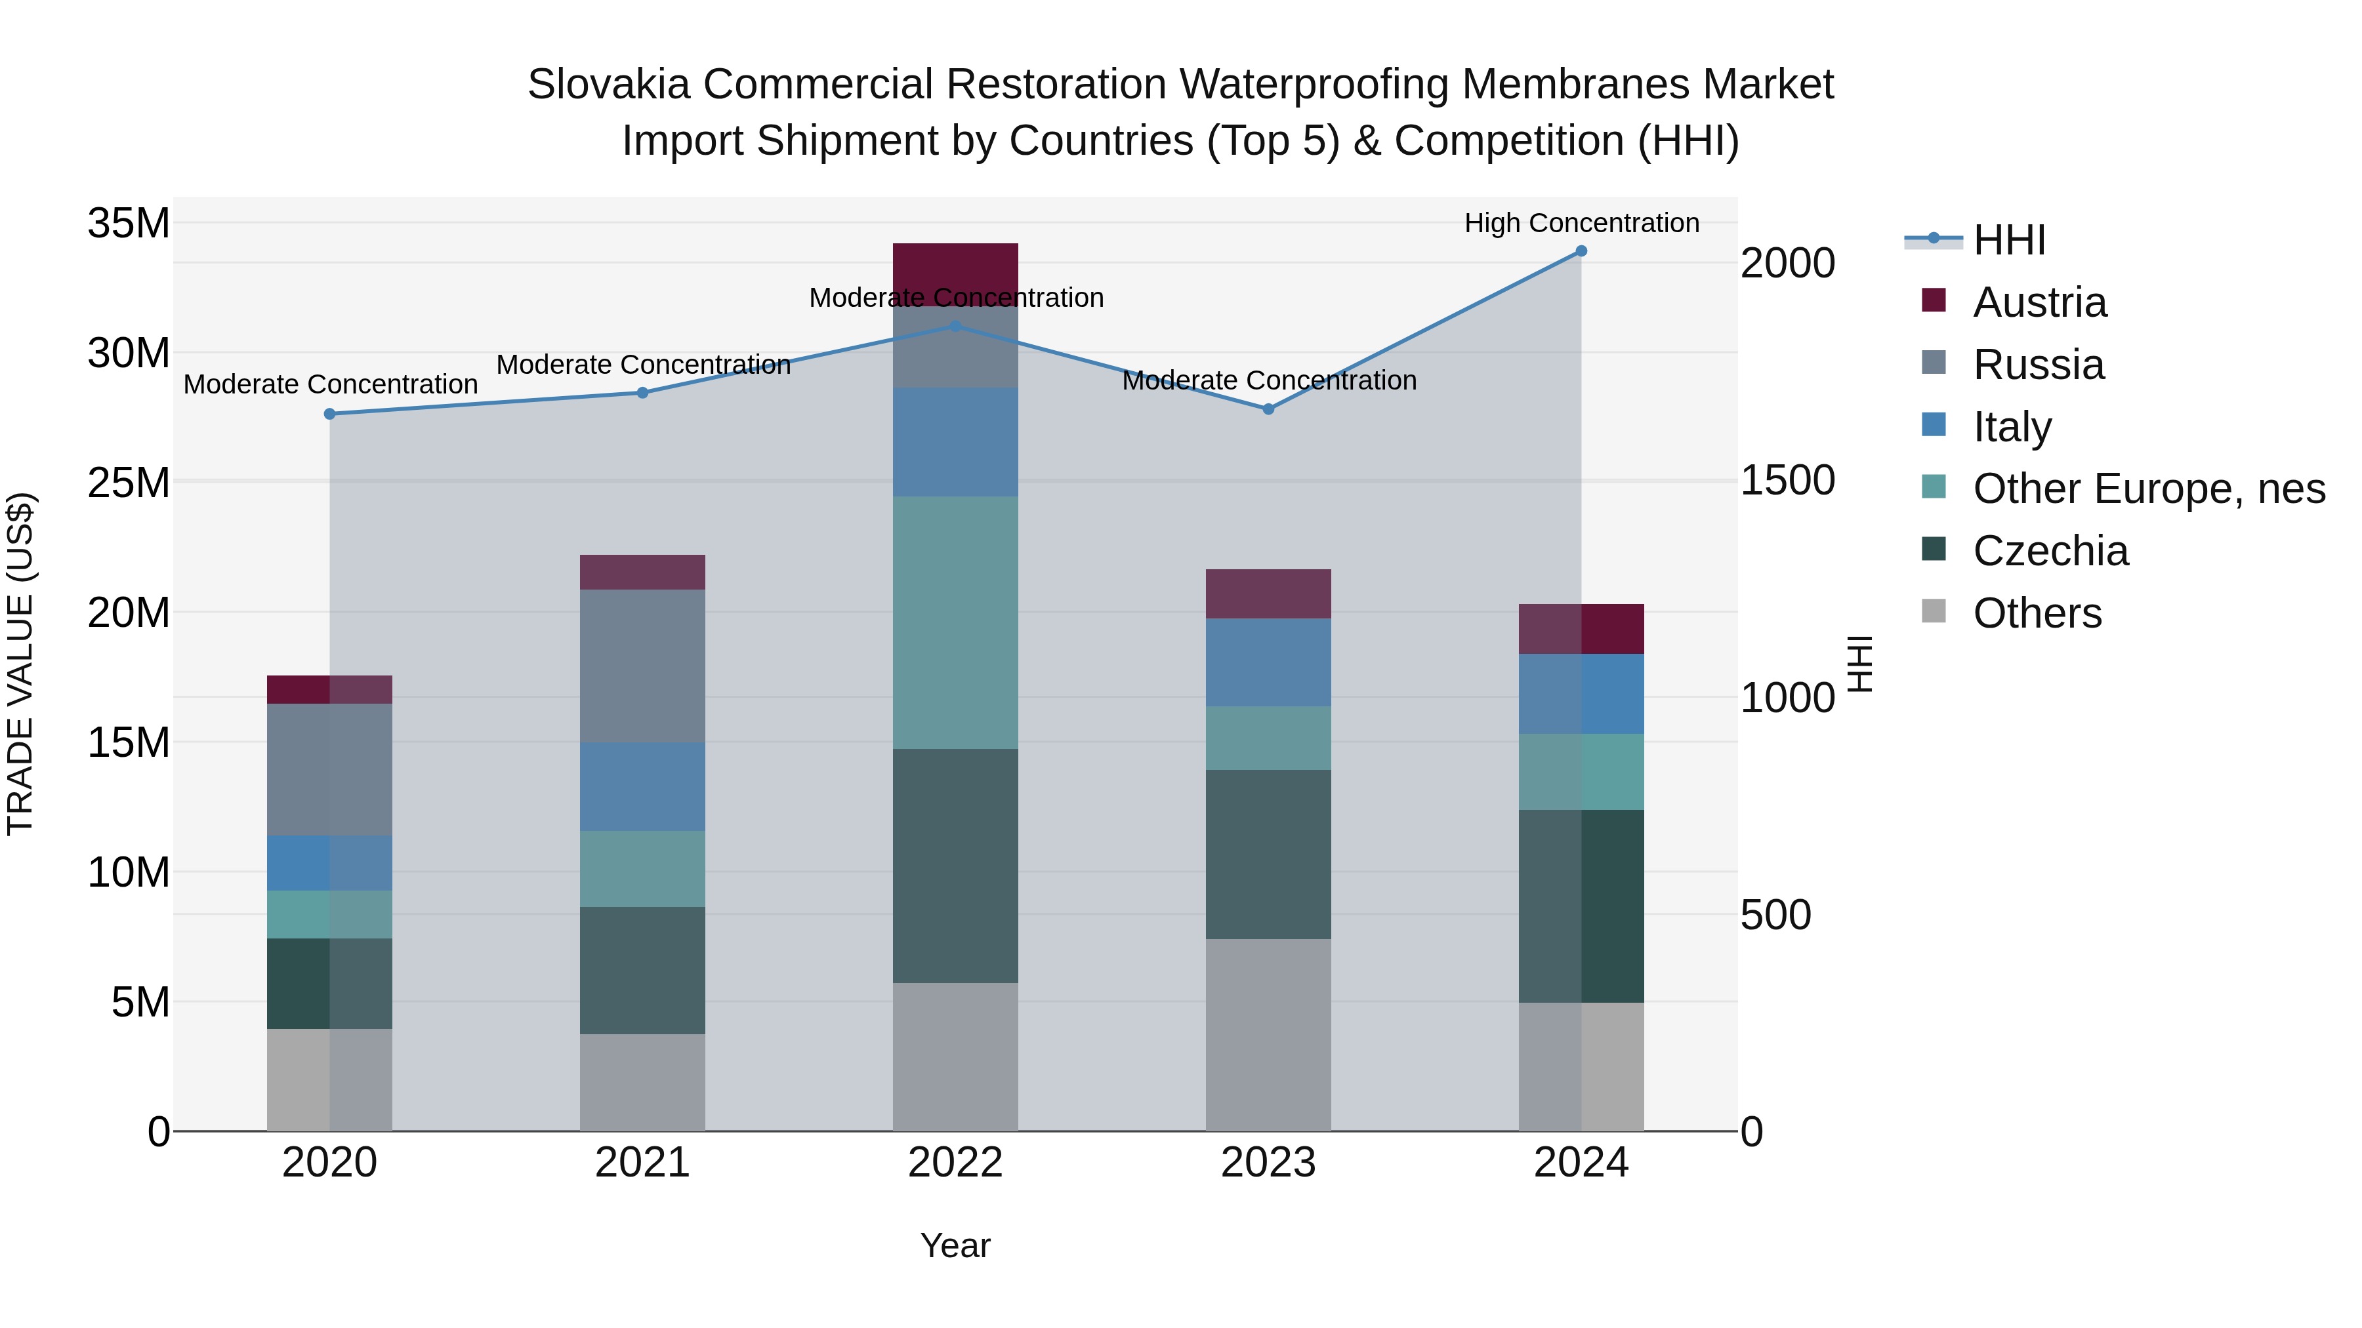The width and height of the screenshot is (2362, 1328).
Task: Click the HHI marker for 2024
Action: pos(1581,251)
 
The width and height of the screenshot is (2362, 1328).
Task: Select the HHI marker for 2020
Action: pos(330,414)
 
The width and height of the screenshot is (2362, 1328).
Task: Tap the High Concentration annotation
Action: pos(1581,223)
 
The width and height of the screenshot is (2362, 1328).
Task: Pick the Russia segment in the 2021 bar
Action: pos(643,666)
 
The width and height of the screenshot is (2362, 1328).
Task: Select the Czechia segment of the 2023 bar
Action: pos(1268,854)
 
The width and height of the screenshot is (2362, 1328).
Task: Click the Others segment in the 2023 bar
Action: pos(1268,1035)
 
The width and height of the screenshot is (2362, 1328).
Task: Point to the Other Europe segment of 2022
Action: pos(955,623)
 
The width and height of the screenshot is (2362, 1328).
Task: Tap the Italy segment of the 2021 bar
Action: pos(643,786)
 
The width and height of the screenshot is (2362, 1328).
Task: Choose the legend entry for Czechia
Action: pos(2050,551)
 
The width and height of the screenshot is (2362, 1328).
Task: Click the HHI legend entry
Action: pos(2008,240)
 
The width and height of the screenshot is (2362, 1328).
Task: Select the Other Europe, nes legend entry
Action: pos(2148,489)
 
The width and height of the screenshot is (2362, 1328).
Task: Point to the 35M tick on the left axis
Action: pos(129,224)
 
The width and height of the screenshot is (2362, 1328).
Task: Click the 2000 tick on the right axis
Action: pos(1787,264)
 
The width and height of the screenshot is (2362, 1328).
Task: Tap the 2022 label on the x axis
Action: pos(955,1163)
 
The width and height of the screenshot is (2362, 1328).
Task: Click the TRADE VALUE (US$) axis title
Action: pos(20,664)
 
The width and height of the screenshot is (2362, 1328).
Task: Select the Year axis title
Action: pos(955,1245)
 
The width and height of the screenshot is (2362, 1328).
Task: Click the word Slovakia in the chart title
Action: pos(608,85)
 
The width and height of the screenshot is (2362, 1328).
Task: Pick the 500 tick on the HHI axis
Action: pos(1775,915)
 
